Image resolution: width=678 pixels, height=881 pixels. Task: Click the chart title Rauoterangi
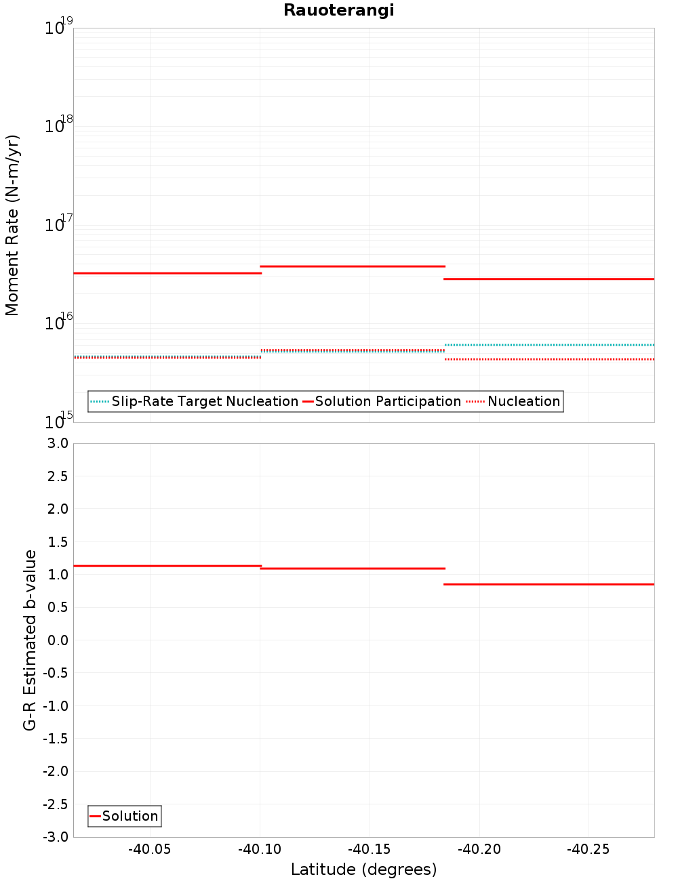338,10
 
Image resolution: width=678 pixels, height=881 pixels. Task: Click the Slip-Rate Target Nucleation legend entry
195,401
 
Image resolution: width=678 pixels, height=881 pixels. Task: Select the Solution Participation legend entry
382,401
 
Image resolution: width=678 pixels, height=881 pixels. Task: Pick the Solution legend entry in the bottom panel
125,816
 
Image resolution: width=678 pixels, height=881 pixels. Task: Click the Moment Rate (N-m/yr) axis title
12,225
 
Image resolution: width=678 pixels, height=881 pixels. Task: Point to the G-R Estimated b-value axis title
30,640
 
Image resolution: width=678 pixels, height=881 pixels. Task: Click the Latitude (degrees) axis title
363,869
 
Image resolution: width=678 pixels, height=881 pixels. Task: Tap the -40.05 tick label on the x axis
150,849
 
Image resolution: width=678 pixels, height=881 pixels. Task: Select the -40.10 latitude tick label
260,849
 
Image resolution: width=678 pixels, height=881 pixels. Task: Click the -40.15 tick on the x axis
370,849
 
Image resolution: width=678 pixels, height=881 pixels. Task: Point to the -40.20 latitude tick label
479,849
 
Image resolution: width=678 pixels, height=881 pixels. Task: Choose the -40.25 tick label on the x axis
589,849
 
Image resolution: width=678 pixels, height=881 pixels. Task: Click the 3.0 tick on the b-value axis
57,443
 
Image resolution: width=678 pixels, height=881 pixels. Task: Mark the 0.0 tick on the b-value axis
57,640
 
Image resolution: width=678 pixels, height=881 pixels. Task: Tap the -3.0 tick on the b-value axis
56,837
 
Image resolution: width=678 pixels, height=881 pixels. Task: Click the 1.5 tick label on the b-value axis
57,542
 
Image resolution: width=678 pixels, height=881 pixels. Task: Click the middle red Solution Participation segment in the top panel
353,266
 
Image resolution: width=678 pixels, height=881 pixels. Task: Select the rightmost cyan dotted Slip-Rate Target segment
549,345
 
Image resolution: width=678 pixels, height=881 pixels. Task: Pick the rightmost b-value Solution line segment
549,584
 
